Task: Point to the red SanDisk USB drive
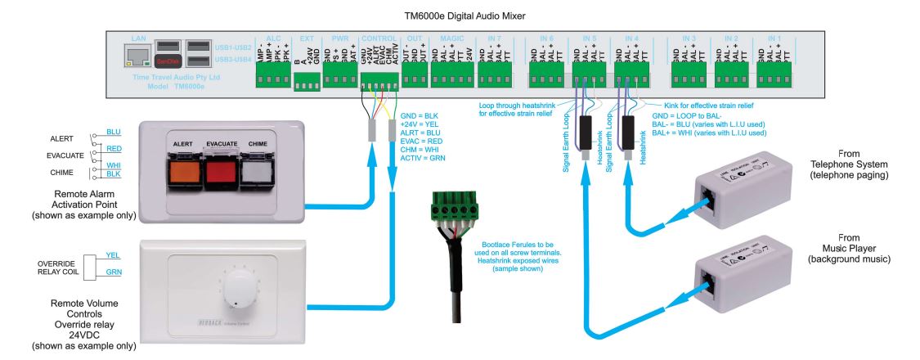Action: click(167, 61)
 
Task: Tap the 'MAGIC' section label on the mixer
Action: click(451, 38)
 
